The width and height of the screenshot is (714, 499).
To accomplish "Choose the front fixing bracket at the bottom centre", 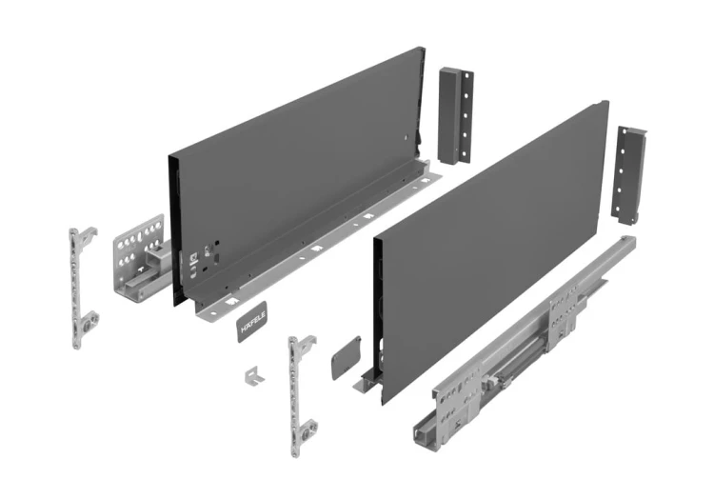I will (x=300, y=390).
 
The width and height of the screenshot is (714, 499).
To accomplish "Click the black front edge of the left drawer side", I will (x=174, y=229).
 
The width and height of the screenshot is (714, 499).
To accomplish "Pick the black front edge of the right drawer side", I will (x=377, y=305).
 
